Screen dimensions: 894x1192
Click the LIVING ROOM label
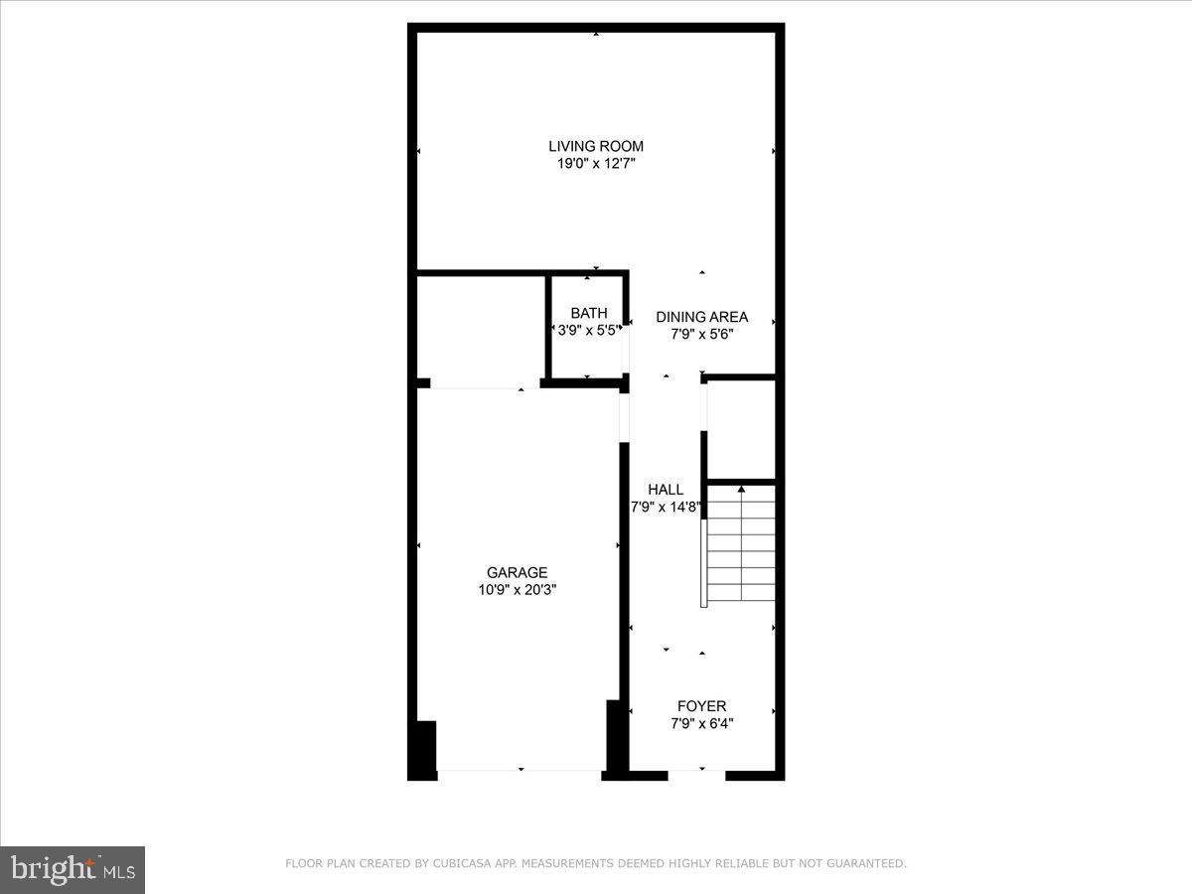coord(596,146)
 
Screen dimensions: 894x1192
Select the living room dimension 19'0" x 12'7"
coord(596,164)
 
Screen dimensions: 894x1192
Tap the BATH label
coord(588,313)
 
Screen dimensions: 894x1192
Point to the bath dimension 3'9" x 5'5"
coord(588,330)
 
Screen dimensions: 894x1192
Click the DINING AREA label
coord(701,317)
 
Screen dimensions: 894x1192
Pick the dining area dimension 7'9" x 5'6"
coord(701,335)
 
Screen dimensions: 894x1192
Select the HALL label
coord(666,489)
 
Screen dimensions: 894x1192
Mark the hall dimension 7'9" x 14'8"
coord(667,507)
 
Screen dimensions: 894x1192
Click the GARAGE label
coord(517,572)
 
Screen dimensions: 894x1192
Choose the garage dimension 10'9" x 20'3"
coord(517,590)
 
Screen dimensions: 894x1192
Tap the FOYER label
coord(701,706)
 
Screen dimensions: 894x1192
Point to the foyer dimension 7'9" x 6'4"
coord(701,724)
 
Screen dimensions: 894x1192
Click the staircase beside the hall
coord(740,551)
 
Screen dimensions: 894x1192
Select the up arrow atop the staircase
coord(741,489)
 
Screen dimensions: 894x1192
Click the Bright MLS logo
coord(73,869)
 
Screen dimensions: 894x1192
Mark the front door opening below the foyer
coord(697,774)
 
